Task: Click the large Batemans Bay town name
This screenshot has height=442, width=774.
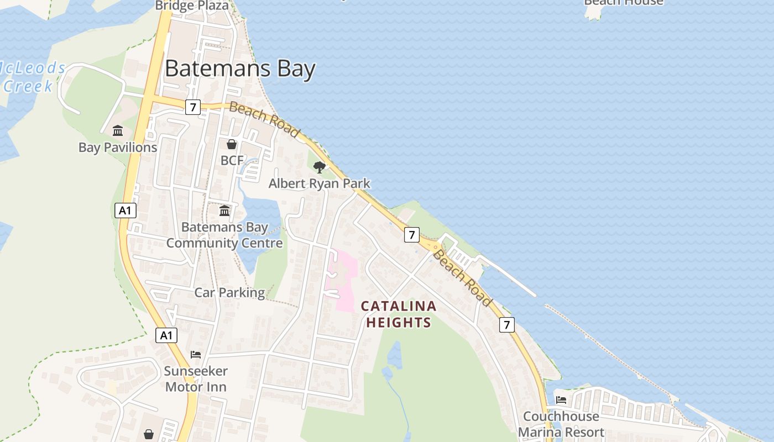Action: [x=240, y=69]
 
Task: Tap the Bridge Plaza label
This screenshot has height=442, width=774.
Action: [x=192, y=6]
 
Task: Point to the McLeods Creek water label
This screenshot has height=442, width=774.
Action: [x=30, y=77]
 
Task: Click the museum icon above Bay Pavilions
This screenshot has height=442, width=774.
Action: [x=118, y=131]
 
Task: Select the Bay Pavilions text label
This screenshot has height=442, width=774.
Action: [x=118, y=148]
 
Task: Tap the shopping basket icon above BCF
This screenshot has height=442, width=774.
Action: [x=232, y=144]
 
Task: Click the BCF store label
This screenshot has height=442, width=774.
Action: [x=232, y=161]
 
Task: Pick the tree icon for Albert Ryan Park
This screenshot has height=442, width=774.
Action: [x=319, y=167]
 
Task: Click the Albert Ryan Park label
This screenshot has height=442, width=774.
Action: [x=319, y=183]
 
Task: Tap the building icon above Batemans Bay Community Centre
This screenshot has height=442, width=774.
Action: [x=224, y=211]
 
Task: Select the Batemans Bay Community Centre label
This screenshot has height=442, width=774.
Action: [x=224, y=235]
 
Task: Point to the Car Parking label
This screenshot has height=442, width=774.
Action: [x=229, y=292]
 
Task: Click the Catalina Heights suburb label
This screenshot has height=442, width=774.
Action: [x=398, y=314]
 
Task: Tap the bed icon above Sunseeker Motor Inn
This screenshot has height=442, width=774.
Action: [x=196, y=355]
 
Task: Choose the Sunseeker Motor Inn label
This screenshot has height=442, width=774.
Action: [x=196, y=378]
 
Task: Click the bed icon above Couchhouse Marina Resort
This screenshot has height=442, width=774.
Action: [x=561, y=399]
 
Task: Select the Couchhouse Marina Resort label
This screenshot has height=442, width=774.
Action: [x=561, y=424]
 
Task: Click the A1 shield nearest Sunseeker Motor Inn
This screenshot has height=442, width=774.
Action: [x=166, y=335]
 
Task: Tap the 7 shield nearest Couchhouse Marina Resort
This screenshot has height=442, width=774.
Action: [x=506, y=324]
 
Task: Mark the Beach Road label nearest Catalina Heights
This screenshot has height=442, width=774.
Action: [x=462, y=278]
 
